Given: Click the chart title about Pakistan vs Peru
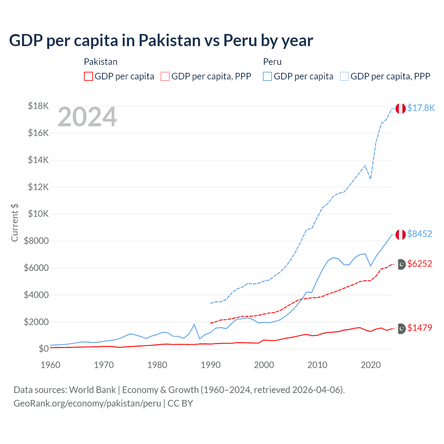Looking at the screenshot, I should pos(161,41).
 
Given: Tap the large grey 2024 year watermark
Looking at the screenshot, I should pos(87,117).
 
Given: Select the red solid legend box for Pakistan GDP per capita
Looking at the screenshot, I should pos(88,76).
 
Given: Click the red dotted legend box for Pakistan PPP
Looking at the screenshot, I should pos(165,76).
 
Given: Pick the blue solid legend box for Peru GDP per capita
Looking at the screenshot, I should pos(267,76).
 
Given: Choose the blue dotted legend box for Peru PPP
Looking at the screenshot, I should pos(344,76).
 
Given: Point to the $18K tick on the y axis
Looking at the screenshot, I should pos(38,106).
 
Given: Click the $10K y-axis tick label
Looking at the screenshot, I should pos(38,214).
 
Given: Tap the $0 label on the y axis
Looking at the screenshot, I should pos(43,349).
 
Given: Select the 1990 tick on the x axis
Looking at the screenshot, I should pos(211,365).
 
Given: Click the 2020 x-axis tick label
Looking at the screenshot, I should pos(371,365).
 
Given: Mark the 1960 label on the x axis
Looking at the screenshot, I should pos(51,365).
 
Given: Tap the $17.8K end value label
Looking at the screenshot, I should pos(421,108).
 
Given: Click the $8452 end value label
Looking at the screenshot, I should pos(419,234).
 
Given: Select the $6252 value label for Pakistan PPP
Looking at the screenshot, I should pos(419,264).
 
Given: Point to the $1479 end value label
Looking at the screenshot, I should pos(419,328).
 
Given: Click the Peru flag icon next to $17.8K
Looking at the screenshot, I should pos(401,108).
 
